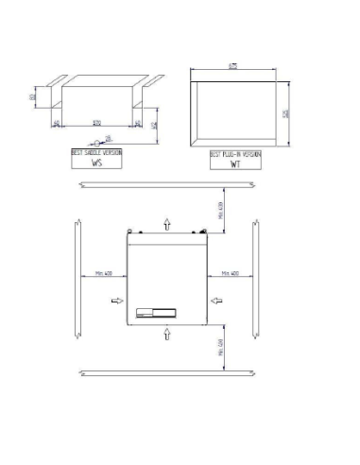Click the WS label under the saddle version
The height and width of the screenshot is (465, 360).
(96, 162)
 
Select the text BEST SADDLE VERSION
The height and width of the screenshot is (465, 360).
(96, 151)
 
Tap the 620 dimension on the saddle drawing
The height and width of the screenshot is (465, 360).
(97, 124)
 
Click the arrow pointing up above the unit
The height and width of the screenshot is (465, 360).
(167, 222)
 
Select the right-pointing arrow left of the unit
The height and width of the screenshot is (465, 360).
(116, 301)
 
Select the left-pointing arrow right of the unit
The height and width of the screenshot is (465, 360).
(217, 301)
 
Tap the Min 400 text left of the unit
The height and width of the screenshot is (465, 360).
(104, 272)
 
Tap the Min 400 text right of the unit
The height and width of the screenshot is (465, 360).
(230, 272)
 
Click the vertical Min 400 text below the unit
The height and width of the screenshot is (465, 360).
(220, 351)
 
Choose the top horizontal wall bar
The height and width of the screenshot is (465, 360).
(166, 183)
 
